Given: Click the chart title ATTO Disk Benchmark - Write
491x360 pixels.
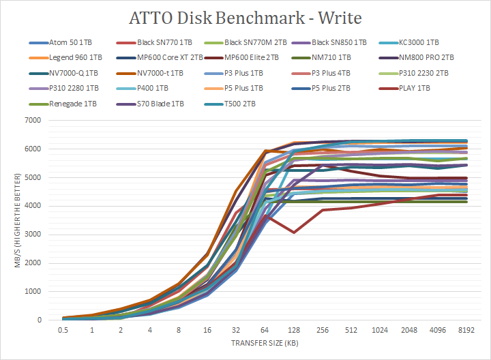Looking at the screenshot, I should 245,16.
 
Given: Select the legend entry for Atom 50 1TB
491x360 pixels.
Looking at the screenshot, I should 69,42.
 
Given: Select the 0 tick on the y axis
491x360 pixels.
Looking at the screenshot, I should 40,320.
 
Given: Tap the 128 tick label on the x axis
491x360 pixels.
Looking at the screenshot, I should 293,331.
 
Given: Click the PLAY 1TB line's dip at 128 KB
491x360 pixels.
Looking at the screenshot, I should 293,232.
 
